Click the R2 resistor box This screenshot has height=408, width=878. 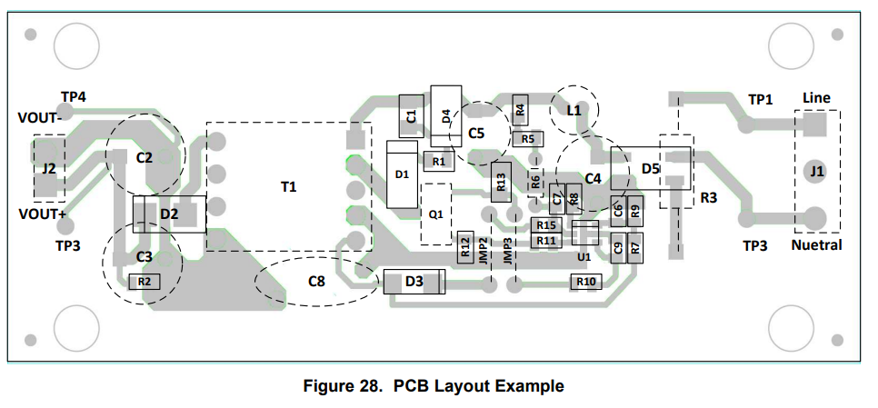click(x=145, y=282)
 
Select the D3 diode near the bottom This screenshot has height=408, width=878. click(x=414, y=282)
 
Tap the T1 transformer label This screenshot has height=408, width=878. click(x=288, y=186)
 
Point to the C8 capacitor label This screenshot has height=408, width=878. click(x=316, y=281)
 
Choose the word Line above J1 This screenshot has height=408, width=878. click(x=816, y=98)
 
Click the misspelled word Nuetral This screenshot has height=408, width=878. click(x=816, y=245)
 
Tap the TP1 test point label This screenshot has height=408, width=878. click(x=761, y=100)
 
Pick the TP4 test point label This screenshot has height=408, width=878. click(x=74, y=97)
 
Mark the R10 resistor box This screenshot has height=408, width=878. click(x=586, y=282)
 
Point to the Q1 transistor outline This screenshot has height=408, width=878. click(x=436, y=214)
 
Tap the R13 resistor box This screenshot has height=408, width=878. click(x=501, y=182)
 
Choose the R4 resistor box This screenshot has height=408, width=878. click(x=520, y=110)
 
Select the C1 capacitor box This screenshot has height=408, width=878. click(x=412, y=115)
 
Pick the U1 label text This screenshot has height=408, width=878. click(x=584, y=257)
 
